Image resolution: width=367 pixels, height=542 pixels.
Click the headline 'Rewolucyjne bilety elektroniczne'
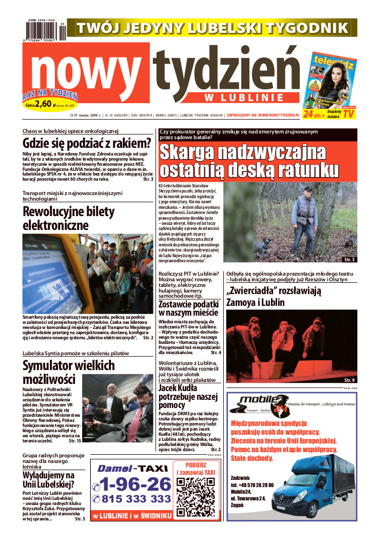(x=63, y=218)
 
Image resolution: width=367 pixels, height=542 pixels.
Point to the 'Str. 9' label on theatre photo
(x=349, y=380)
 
